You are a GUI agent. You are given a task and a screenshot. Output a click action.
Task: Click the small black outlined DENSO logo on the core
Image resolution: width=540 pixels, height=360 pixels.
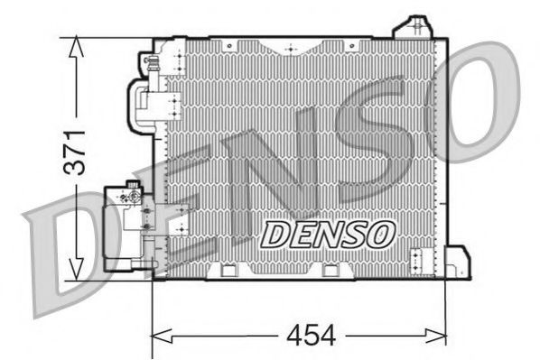coord(328,233)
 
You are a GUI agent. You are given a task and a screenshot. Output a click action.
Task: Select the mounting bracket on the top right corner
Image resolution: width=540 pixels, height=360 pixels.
coord(414,26)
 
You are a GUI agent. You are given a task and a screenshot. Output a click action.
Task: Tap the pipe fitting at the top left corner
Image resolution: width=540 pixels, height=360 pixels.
coord(152,62)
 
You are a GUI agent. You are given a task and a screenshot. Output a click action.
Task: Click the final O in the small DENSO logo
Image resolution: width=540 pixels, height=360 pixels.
coord(382,233)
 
